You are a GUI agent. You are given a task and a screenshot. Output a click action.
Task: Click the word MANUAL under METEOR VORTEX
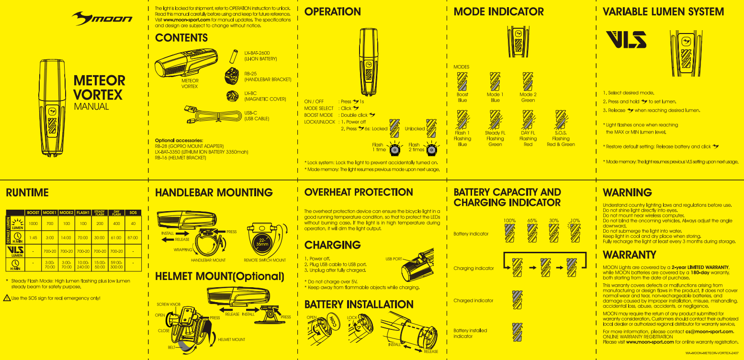tap(91, 106)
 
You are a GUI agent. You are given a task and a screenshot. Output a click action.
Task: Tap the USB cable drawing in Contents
tap(211, 115)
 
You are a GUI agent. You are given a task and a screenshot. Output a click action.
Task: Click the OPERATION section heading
tap(333, 11)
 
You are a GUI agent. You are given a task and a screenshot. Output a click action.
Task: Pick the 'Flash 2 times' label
tap(415, 147)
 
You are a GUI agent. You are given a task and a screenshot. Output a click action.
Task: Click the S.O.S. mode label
tap(561, 133)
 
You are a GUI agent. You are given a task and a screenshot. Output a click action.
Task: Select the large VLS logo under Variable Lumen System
tap(626, 40)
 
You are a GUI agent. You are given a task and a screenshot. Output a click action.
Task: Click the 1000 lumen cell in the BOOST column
tap(33, 224)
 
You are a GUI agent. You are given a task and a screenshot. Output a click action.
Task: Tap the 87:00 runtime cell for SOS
tap(133, 237)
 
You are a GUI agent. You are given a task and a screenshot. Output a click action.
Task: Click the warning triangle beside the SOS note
tap(7, 298)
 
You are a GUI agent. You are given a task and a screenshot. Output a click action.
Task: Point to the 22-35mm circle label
tap(262, 241)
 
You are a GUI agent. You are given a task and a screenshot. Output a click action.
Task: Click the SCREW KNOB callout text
tap(169, 304)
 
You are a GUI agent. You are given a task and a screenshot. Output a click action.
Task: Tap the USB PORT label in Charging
tap(394, 259)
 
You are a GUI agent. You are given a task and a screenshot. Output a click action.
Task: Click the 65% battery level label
tap(532, 221)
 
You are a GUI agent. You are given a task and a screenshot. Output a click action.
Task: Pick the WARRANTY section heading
tap(629, 254)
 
